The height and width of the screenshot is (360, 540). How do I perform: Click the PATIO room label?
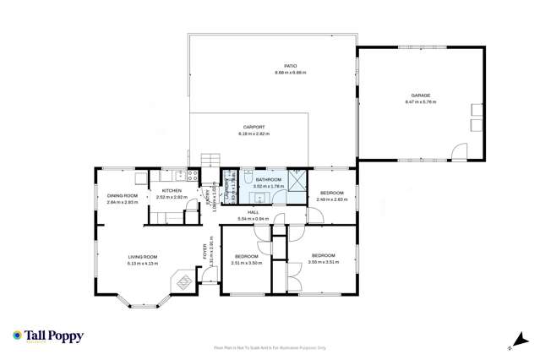pyautogui.click(x=290, y=67)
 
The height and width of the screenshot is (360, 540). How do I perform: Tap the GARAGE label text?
pyautogui.click(x=421, y=95)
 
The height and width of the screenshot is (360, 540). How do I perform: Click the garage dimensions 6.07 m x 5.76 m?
pyautogui.click(x=421, y=102)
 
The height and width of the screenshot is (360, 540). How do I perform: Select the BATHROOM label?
pyautogui.click(x=268, y=179)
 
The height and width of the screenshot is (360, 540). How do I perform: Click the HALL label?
pyautogui.click(x=253, y=212)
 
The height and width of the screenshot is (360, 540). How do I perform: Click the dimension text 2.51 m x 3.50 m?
pyautogui.click(x=247, y=263)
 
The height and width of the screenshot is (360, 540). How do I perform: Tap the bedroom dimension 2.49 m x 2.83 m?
pyautogui.click(x=332, y=199)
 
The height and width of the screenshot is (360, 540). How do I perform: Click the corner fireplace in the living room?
pyautogui.click(x=182, y=280)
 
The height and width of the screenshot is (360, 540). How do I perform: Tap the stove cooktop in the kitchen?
pyautogui.click(x=193, y=177)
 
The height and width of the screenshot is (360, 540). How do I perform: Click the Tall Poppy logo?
pyautogui.click(x=48, y=336)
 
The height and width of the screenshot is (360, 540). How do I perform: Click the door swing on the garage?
pyautogui.click(x=459, y=152)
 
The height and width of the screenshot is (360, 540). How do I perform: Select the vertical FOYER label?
pyautogui.click(x=205, y=251)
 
